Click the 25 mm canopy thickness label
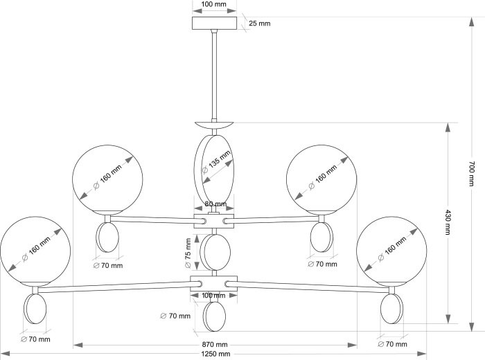click(x=259, y=24)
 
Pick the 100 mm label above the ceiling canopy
click(x=213, y=4)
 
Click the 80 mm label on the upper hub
click(x=215, y=204)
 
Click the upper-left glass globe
click(x=108, y=179)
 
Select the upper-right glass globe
click(x=320, y=179)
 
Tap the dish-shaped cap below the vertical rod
click(x=215, y=125)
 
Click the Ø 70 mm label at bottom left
click(x=35, y=340)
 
